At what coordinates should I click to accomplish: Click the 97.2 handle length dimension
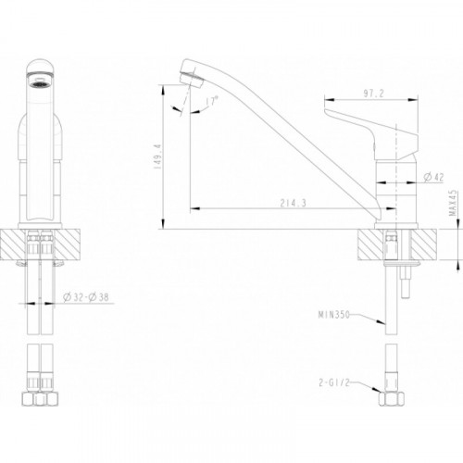[373, 94]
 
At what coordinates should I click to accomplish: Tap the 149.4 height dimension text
[159, 156]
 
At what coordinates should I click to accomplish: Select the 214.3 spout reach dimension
[293, 203]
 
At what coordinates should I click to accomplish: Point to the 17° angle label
[212, 101]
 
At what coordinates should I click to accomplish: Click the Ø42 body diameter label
[433, 177]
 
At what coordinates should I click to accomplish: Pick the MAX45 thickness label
[453, 203]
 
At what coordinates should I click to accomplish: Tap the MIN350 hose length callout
[334, 315]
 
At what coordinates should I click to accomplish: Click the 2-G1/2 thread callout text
[334, 382]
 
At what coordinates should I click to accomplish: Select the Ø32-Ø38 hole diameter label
[85, 297]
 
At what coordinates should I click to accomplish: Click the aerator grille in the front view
[40, 83]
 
